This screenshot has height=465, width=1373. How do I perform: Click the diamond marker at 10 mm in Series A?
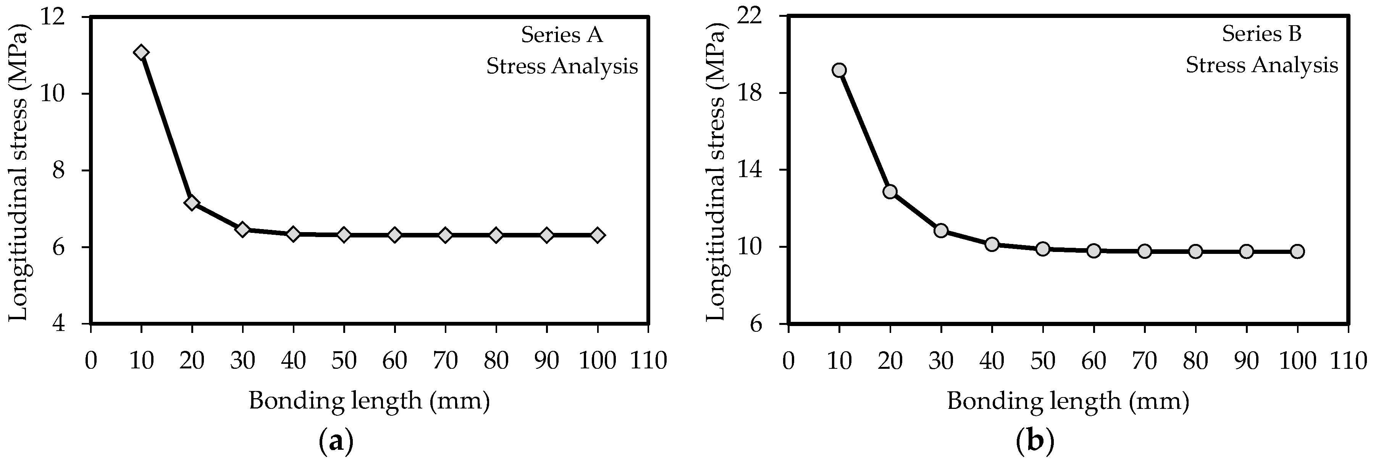point(141,52)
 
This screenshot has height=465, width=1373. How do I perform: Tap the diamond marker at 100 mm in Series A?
point(598,235)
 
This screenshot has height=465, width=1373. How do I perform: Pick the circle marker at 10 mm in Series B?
point(840,70)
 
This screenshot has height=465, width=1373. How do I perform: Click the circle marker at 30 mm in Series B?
point(941,230)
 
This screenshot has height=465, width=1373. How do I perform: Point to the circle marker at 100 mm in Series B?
point(1297,251)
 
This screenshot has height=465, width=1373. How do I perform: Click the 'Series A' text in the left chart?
point(562,35)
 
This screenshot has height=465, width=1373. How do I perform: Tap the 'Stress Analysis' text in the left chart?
point(562,66)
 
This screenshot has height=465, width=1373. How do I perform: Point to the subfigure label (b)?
point(1035,442)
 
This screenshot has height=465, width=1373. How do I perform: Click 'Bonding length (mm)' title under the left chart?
point(369,400)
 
